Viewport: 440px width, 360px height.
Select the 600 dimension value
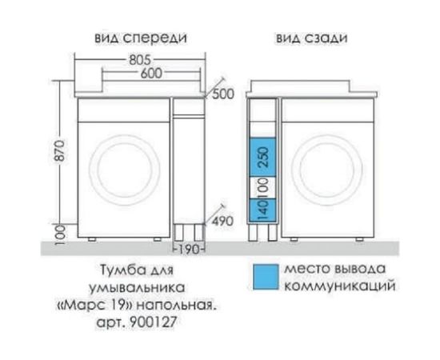140,73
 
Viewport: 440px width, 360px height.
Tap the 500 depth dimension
225,94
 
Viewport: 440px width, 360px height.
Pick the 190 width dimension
188,247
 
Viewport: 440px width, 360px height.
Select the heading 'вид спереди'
141,38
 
